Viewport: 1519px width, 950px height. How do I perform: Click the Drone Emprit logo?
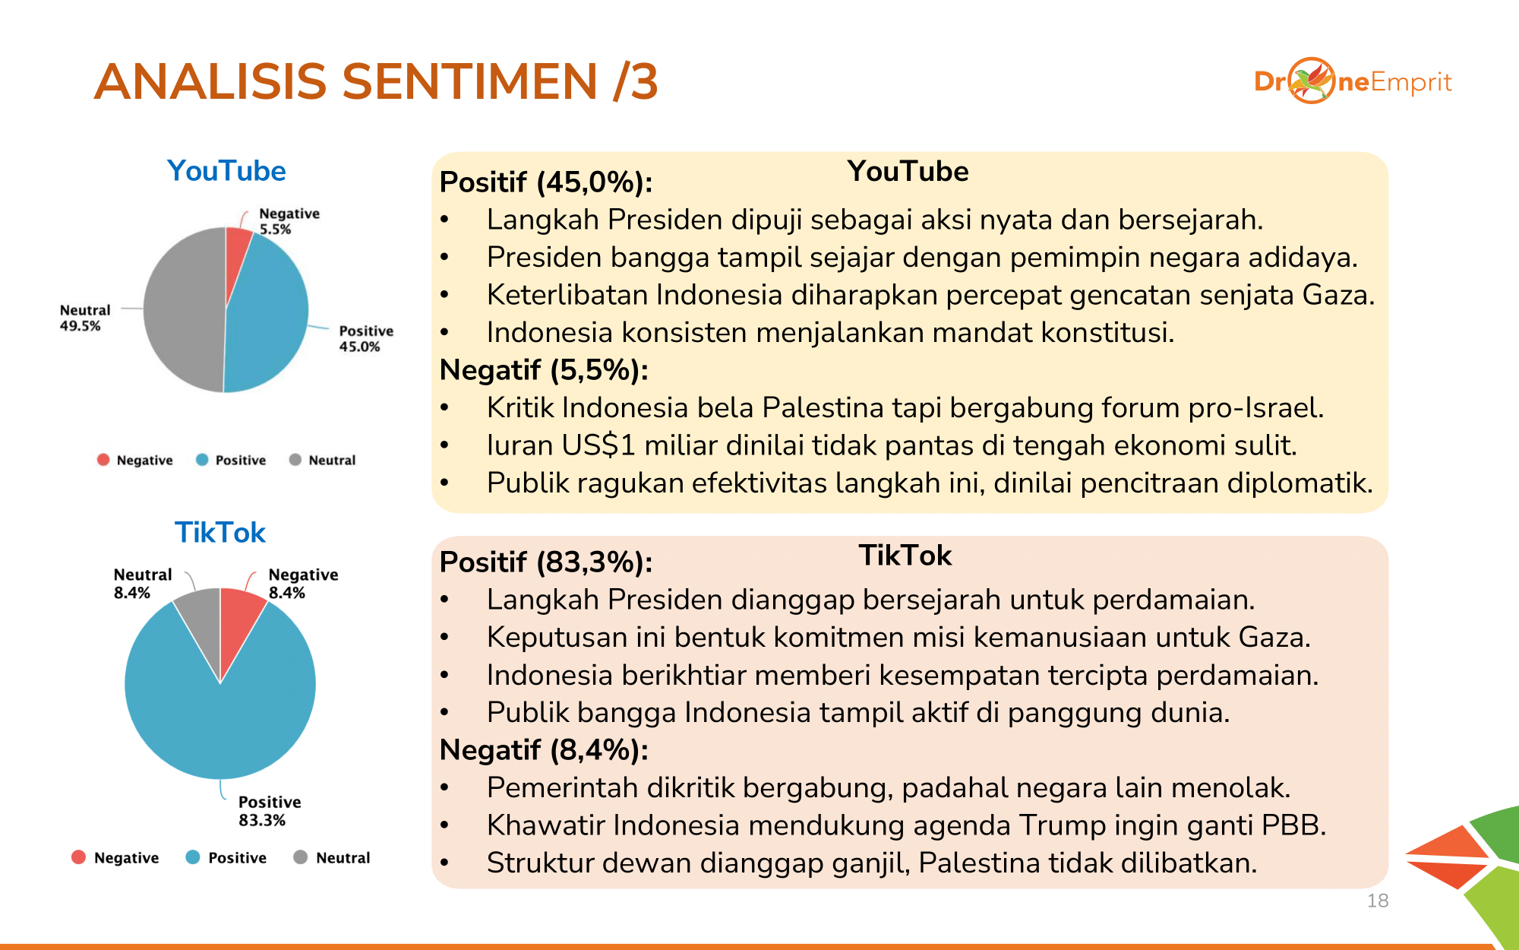click(1353, 81)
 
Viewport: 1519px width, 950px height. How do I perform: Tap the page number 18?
click(1378, 901)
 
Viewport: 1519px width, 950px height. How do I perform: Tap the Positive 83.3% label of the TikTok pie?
click(269, 811)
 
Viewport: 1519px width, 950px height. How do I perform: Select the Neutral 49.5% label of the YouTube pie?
click(85, 318)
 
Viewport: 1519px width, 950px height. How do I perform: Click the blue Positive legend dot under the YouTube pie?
click(202, 459)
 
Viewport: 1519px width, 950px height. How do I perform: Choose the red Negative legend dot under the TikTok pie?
click(78, 857)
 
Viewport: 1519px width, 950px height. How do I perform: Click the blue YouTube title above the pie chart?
click(226, 171)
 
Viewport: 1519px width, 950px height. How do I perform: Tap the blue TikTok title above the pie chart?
click(220, 533)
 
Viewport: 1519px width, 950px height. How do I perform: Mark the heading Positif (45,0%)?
click(546, 182)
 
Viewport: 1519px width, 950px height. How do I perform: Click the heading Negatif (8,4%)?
click(544, 750)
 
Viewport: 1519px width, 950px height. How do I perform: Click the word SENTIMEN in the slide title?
click(470, 81)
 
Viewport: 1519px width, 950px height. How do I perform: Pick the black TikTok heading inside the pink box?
click(905, 556)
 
